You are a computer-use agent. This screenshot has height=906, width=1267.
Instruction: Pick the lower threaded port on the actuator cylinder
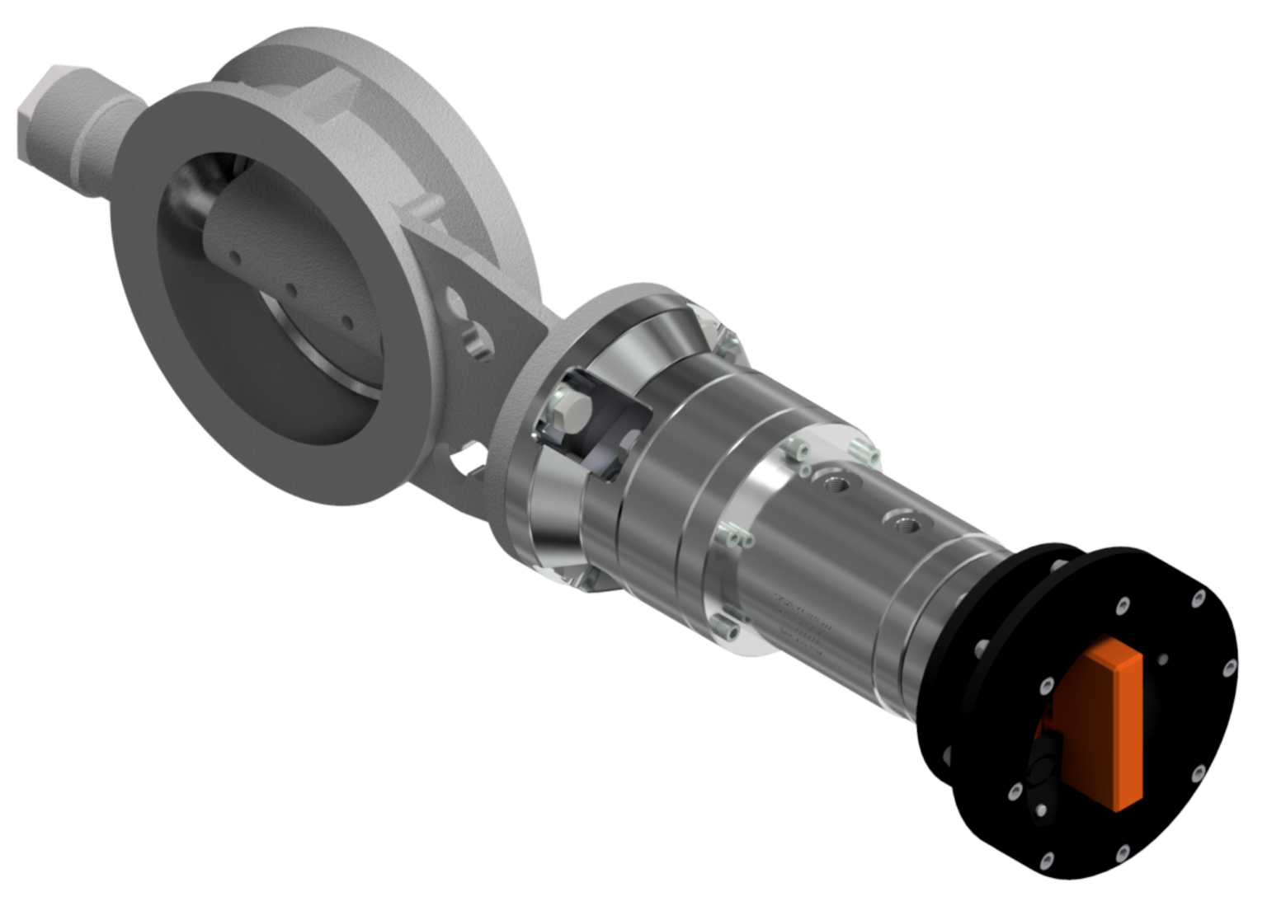[x=907, y=523]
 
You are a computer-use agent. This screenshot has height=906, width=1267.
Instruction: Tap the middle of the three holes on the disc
[x=292, y=290]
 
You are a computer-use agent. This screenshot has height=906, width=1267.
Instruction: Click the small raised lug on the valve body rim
[x=425, y=206]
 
